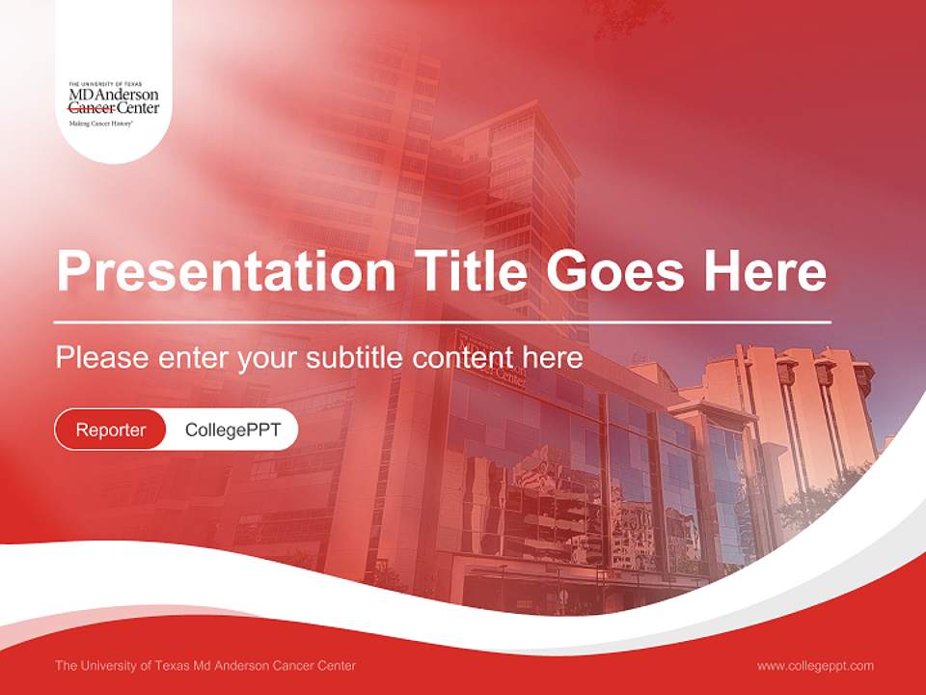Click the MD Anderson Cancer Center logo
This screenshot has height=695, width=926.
coord(114,101)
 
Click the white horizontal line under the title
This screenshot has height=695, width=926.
coord(443,321)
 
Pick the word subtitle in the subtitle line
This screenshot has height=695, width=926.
coord(355,358)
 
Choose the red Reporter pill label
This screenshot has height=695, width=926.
coord(111,430)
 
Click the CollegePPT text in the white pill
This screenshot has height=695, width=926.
coord(232,430)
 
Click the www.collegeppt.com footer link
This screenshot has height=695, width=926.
coord(815,666)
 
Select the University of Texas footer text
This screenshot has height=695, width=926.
coord(205,666)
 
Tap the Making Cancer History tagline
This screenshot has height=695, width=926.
coord(100,125)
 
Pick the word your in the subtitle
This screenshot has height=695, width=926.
coord(269,358)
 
